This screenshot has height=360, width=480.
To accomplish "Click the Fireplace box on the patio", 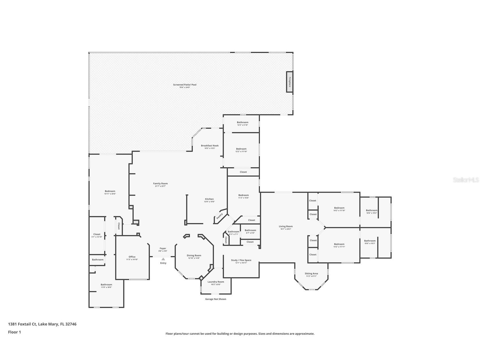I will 289,82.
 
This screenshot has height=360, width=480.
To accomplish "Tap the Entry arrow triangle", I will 163,259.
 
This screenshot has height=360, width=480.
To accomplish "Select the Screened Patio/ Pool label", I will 185,85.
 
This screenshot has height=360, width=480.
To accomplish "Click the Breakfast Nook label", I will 210,145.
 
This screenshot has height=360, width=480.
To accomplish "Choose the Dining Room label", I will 194,255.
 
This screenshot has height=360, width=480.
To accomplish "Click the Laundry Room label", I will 216,282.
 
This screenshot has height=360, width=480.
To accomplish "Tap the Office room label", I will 132,257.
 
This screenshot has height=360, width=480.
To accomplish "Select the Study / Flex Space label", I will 241,260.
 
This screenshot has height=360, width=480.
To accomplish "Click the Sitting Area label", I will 311,273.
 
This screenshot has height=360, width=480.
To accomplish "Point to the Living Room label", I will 286,226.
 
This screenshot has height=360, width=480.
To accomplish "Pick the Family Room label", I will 160,183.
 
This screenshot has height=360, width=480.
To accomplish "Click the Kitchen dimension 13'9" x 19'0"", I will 209,202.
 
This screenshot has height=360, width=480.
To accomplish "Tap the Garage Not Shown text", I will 216,299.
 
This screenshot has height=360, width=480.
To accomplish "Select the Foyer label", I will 163,248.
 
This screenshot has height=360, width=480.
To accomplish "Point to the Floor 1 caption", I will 14,332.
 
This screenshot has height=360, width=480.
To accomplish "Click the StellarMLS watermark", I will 466,180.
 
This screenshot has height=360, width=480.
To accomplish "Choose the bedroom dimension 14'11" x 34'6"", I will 110,194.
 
